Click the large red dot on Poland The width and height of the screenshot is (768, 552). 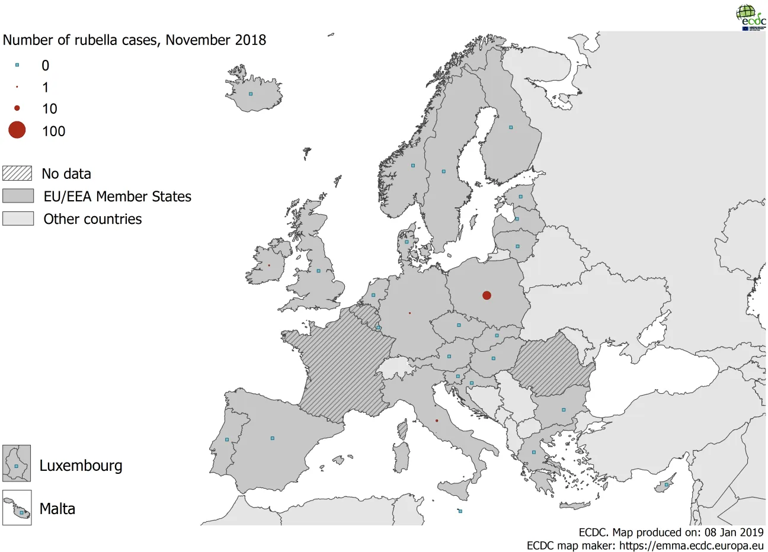coord(487,295)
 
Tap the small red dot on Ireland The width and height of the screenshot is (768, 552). coord(268,265)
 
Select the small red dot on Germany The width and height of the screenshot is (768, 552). coord(409,313)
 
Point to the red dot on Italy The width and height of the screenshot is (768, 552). coord(437,421)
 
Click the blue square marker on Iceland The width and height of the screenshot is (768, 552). coord(251,94)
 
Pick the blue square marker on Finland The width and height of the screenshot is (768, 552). coord(511,127)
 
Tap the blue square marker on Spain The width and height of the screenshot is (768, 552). coord(273,438)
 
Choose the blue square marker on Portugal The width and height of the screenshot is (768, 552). coord(227,439)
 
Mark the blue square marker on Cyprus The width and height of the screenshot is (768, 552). coord(667,485)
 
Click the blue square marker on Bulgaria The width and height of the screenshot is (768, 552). coord(564,410)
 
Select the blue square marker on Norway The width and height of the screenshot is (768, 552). coord(413,166)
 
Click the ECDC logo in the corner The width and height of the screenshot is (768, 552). coord(750,17)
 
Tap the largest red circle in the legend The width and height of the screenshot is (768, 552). coord(17,130)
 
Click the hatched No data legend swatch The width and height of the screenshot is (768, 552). coord(17,173)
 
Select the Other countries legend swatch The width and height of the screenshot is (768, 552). coord(18,219)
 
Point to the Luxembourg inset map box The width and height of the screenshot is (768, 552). coord(17,463)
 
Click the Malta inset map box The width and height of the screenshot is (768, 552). coord(17,508)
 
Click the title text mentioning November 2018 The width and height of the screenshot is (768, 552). coord(135,40)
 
